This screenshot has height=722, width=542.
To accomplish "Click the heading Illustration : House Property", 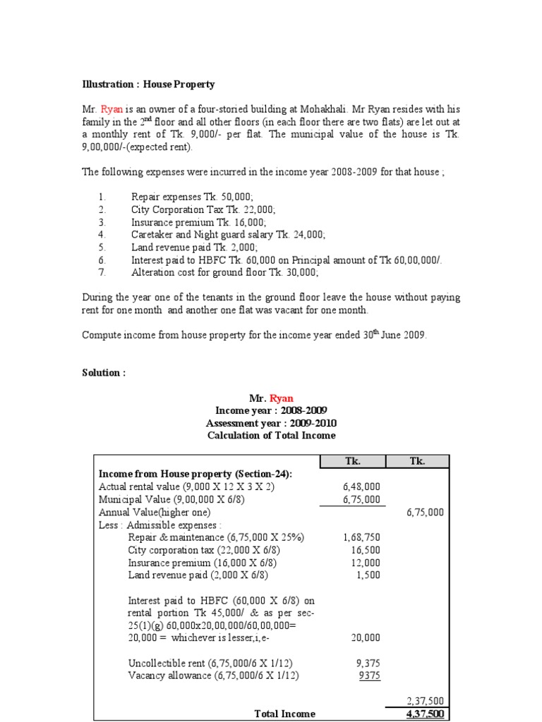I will pyautogui.click(x=148, y=85).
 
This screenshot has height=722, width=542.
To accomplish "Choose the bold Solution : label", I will pyautogui.click(x=104, y=373).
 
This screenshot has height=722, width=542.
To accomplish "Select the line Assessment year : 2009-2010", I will pyautogui.click(x=271, y=423).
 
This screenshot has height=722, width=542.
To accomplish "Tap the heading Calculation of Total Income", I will pyautogui.click(x=271, y=436).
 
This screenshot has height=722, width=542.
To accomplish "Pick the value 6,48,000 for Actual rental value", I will pyautogui.click(x=360, y=487).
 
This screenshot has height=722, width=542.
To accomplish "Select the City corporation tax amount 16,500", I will pyautogui.click(x=366, y=550).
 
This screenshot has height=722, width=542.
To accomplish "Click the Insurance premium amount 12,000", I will pyautogui.click(x=366, y=563).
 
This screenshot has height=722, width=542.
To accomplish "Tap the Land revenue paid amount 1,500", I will pyautogui.click(x=368, y=575).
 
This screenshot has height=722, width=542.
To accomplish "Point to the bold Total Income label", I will pyautogui.click(x=284, y=714).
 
